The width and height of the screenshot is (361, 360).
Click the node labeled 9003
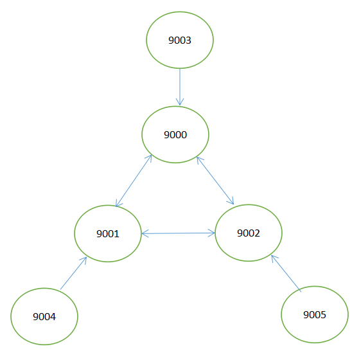tap(179, 40)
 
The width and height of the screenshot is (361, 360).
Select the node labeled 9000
tap(175, 135)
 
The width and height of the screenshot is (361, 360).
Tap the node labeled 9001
tap(108, 233)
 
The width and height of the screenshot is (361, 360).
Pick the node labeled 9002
tap(248, 233)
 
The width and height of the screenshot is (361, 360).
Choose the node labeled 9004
tap(44, 316)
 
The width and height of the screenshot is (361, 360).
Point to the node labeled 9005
tap(315, 315)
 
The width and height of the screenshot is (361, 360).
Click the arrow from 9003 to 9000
tap(180, 86)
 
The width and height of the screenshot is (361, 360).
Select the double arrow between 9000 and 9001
tap(134, 181)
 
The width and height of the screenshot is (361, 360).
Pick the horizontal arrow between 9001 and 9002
tap(178, 233)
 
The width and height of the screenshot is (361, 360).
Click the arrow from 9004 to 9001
tap(73, 273)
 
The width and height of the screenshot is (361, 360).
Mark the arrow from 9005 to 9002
tap(285, 273)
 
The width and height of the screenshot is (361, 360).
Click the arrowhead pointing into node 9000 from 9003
tap(180, 102)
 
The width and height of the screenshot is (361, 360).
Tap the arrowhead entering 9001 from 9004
tap(84, 259)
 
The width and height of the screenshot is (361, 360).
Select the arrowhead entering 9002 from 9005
tap(273, 258)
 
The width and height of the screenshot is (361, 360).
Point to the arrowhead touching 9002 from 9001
tap(211, 233)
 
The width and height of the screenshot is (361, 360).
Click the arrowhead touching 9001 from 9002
tap(145, 233)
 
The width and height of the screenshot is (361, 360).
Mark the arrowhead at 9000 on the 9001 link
tap(150, 157)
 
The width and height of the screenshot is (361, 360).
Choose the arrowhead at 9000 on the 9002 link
tap(198, 157)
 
